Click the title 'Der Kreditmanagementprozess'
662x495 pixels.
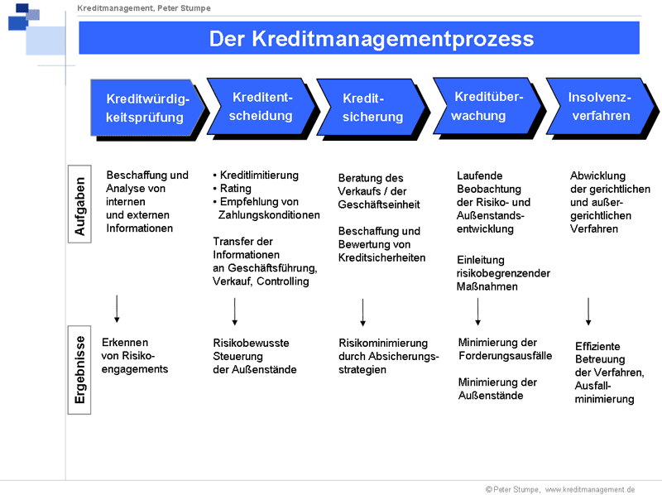pos(371,39)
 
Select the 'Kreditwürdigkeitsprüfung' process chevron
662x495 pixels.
pos(148,108)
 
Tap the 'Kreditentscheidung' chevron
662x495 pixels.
pos(261,108)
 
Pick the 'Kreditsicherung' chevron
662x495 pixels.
pos(372,108)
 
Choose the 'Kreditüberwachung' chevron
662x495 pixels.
pos(488,108)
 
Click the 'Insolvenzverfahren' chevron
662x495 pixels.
pos(602,108)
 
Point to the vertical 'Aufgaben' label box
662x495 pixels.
pos(79,204)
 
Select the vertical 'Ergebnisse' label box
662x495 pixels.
pos(79,370)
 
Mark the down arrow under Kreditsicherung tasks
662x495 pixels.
pos(362,312)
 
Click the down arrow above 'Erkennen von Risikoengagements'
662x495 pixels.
pos(117,309)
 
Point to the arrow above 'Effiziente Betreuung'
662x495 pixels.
pos(588,311)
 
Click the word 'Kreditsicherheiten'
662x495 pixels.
pos(381,257)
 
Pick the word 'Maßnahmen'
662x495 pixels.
pos(487,286)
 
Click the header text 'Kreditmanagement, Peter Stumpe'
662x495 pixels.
pos(144,8)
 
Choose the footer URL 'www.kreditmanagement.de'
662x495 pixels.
pos(590,489)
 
